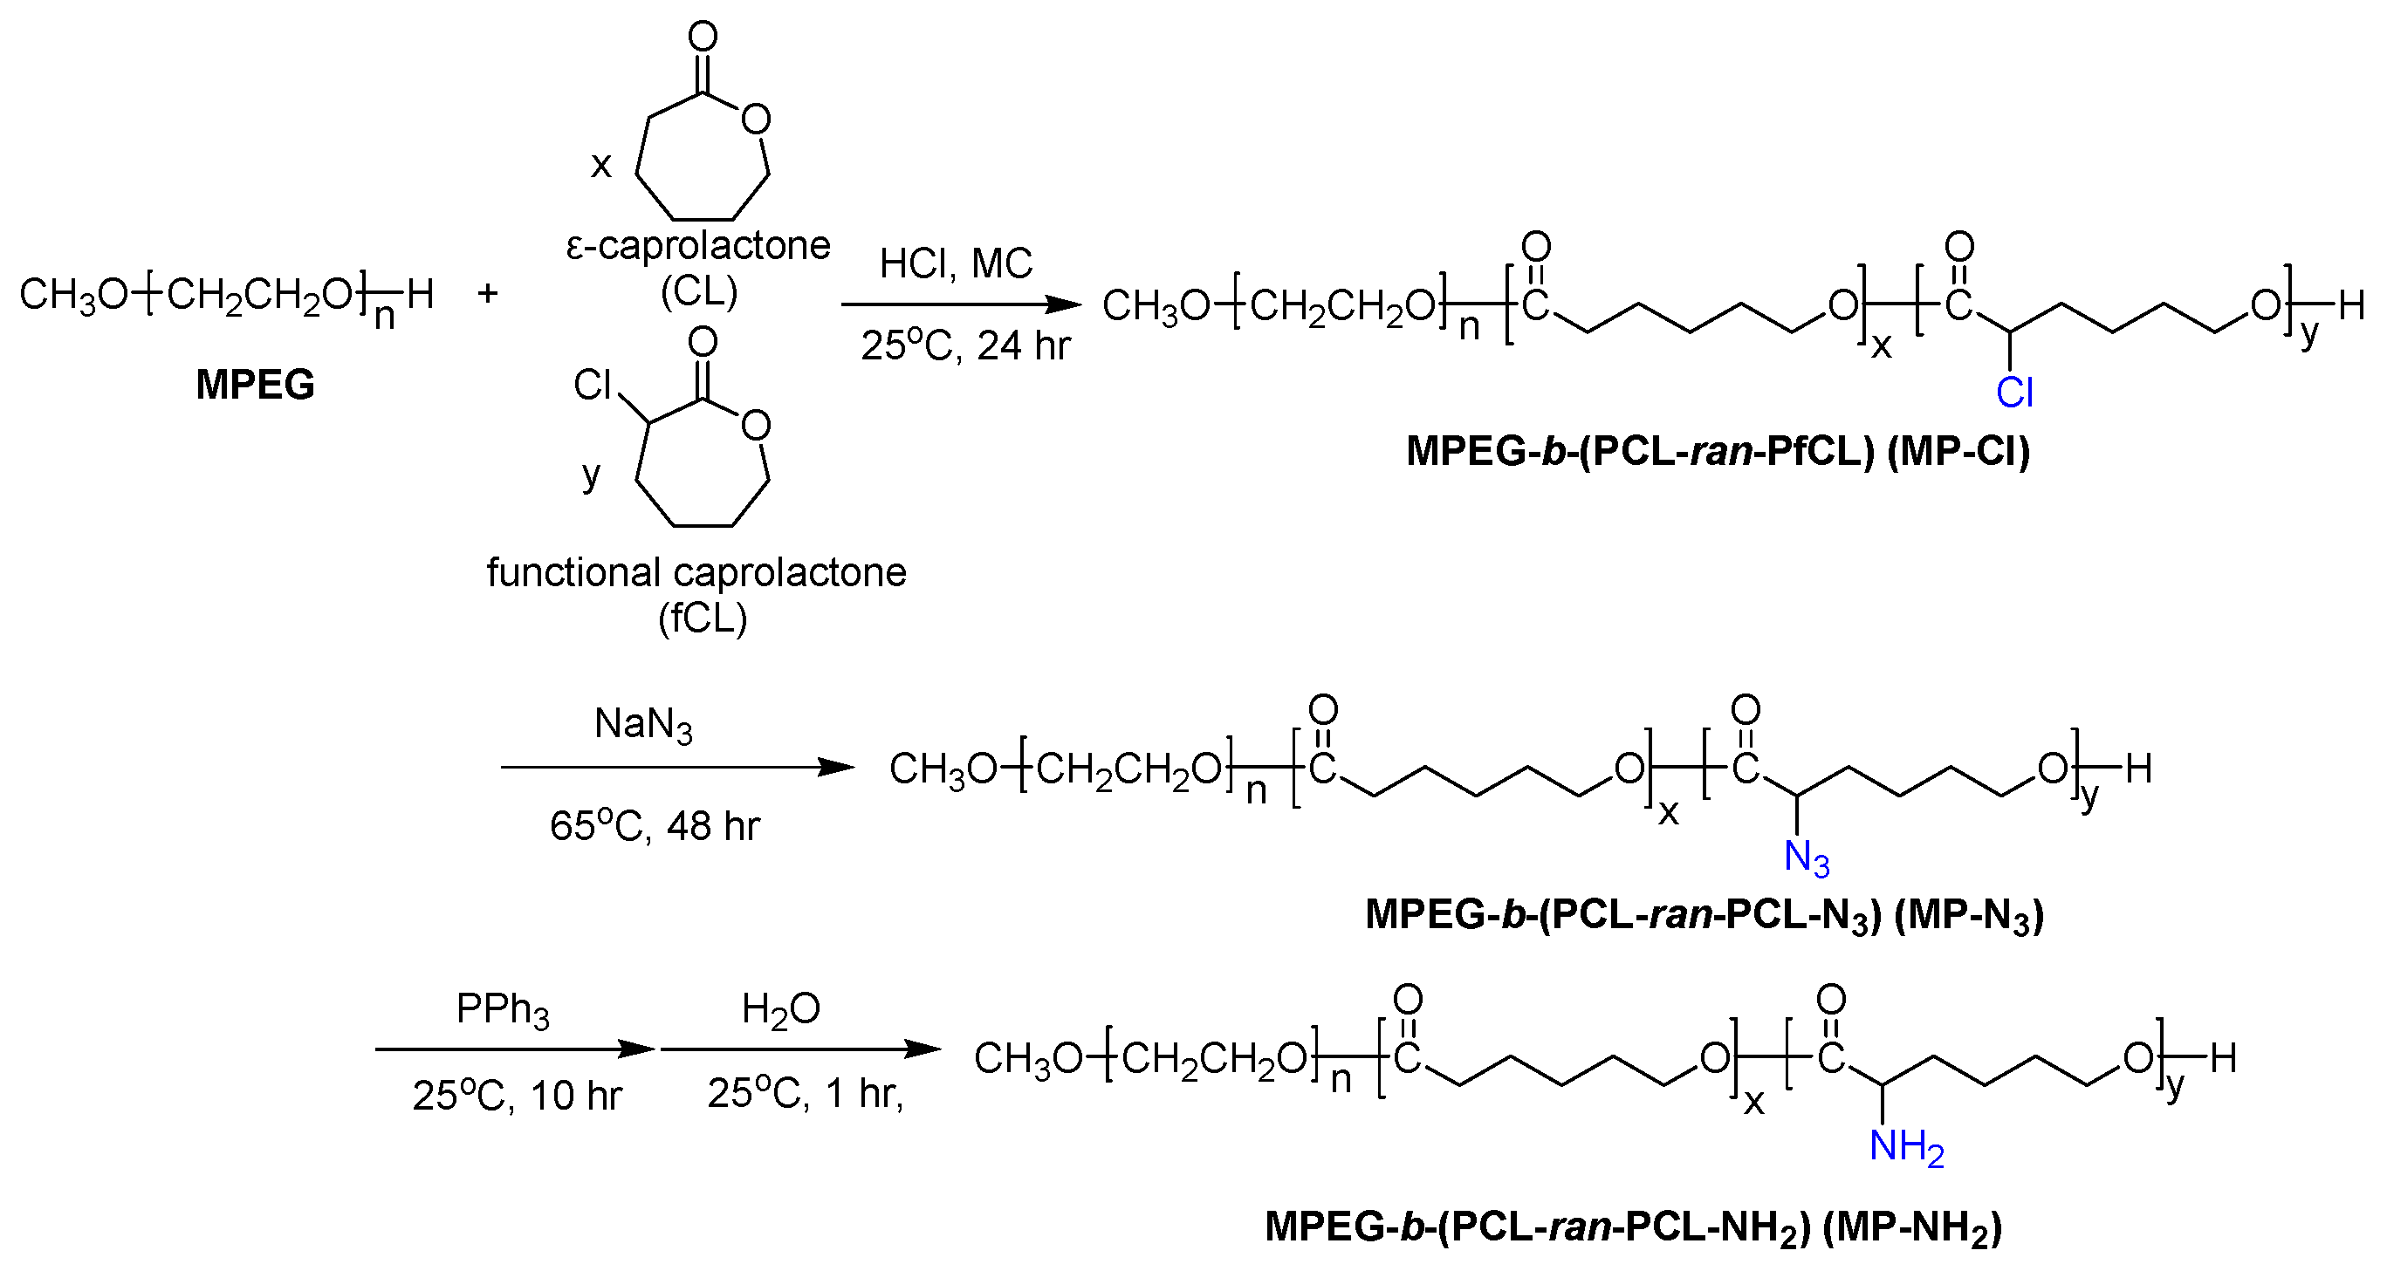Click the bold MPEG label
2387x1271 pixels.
point(255,385)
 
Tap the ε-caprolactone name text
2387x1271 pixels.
point(697,246)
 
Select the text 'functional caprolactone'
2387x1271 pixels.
point(696,572)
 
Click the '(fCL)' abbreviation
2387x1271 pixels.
point(703,618)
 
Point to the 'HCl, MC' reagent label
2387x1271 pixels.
point(956,264)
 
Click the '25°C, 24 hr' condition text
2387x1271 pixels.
point(965,345)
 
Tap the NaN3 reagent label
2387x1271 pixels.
point(643,724)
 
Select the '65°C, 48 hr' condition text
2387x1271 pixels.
point(655,825)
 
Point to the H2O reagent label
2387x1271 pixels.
point(780,1010)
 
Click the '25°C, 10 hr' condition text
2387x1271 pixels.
point(517,1096)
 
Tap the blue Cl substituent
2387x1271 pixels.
point(2014,393)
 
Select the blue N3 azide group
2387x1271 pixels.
point(1806,858)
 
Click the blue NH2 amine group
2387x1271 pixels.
point(1905,1147)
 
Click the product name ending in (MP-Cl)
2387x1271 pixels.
point(1718,451)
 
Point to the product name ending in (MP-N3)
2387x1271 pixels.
point(1705,915)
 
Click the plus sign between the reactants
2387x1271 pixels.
point(487,294)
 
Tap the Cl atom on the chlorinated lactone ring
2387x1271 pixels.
point(592,385)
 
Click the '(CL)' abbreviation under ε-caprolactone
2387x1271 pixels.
point(699,292)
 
